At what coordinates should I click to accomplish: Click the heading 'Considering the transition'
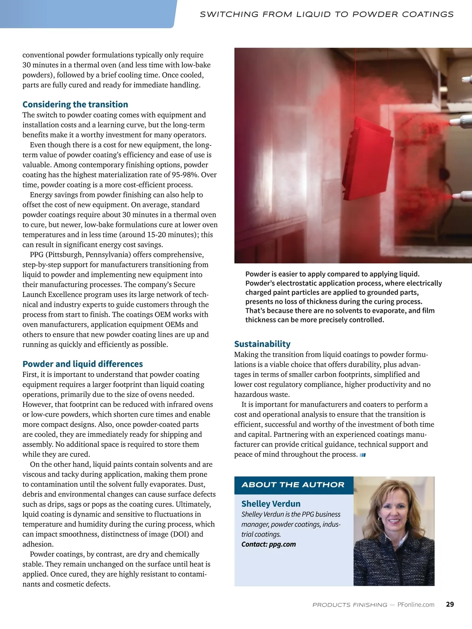[x=75, y=104]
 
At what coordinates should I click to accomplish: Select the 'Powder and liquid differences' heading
[x=83, y=364]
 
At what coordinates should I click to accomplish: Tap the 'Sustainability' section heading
[x=262, y=344]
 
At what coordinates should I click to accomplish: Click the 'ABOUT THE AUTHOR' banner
[x=293, y=485]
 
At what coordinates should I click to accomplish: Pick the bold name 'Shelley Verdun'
[x=271, y=504]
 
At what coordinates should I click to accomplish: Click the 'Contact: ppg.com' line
[x=269, y=544]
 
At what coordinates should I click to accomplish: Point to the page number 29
[x=450, y=604]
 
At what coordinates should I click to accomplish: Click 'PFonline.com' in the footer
[x=416, y=605]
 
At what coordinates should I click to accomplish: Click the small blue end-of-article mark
[x=363, y=455]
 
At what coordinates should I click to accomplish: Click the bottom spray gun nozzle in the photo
[x=466, y=196]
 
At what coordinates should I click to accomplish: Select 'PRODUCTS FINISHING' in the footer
[x=350, y=605]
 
